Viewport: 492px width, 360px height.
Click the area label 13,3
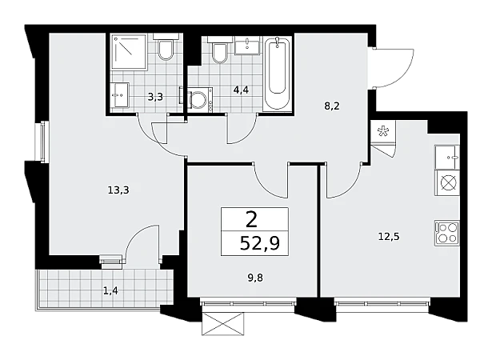(x=118, y=190)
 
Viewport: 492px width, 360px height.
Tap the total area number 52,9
(x=260, y=243)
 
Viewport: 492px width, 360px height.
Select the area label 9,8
(x=255, y=278)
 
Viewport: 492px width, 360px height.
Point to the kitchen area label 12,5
(x=389, y=236)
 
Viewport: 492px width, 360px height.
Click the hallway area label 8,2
(x=332, y=106)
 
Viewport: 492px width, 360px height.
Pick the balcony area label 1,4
(x=110, y=291)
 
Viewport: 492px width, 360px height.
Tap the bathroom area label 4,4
(x=241, y=90)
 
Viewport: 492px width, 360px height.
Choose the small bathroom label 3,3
(x=155, y=97)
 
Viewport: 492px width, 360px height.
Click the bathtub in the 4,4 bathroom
(x=277, y=74)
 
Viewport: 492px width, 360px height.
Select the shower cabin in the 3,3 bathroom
(x=130, y=52)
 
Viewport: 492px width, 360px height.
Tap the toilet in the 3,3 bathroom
(x=166, y=46)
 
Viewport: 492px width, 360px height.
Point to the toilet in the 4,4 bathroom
(x=220, y=50)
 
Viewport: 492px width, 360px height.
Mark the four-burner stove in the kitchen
(x=447, y=233)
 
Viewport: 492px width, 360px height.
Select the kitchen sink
(x=447, y=158)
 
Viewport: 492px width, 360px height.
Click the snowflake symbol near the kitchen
(x=383, y=131)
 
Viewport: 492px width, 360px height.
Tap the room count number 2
(x=252, y=219)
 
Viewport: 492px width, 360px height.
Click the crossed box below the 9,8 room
(x=222, y=323)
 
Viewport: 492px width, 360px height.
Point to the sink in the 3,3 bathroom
(x=119, y=95)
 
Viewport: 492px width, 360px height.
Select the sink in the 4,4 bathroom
(x=247, y=46)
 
